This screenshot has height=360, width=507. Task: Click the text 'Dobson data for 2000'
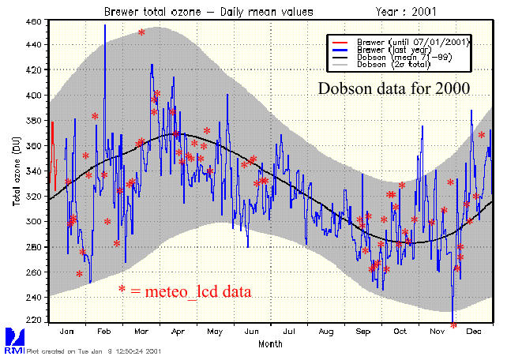(394, 88)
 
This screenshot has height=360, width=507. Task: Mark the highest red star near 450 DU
(141, 32)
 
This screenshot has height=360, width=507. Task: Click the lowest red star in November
(453, 324)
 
